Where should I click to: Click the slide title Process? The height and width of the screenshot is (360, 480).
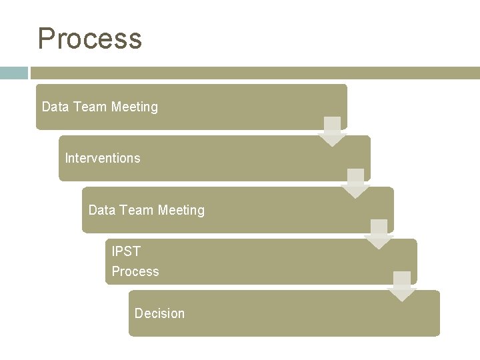90,39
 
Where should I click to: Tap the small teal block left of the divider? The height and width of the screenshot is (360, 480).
13,73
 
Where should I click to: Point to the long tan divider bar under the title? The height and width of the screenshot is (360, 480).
253,73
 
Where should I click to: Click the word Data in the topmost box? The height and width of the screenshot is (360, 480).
55,107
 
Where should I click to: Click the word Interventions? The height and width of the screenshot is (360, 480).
103,158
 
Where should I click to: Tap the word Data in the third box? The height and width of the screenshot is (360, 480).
101,210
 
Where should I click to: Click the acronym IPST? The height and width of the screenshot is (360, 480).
126,251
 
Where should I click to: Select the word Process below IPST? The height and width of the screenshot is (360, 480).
135,271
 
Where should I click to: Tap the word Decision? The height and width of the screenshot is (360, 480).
159,313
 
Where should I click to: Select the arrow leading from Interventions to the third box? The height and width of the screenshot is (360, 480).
355,183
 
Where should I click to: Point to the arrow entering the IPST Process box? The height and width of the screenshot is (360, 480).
379,235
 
